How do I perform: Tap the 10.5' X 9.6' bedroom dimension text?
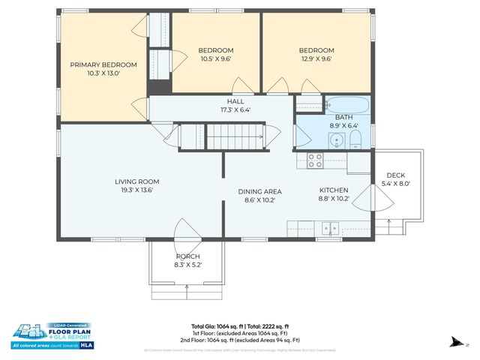tap(215, 58)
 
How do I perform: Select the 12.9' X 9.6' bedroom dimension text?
tap(316, 58)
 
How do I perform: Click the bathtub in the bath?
tap(347, 105)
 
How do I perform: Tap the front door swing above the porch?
tap(184, 229)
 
